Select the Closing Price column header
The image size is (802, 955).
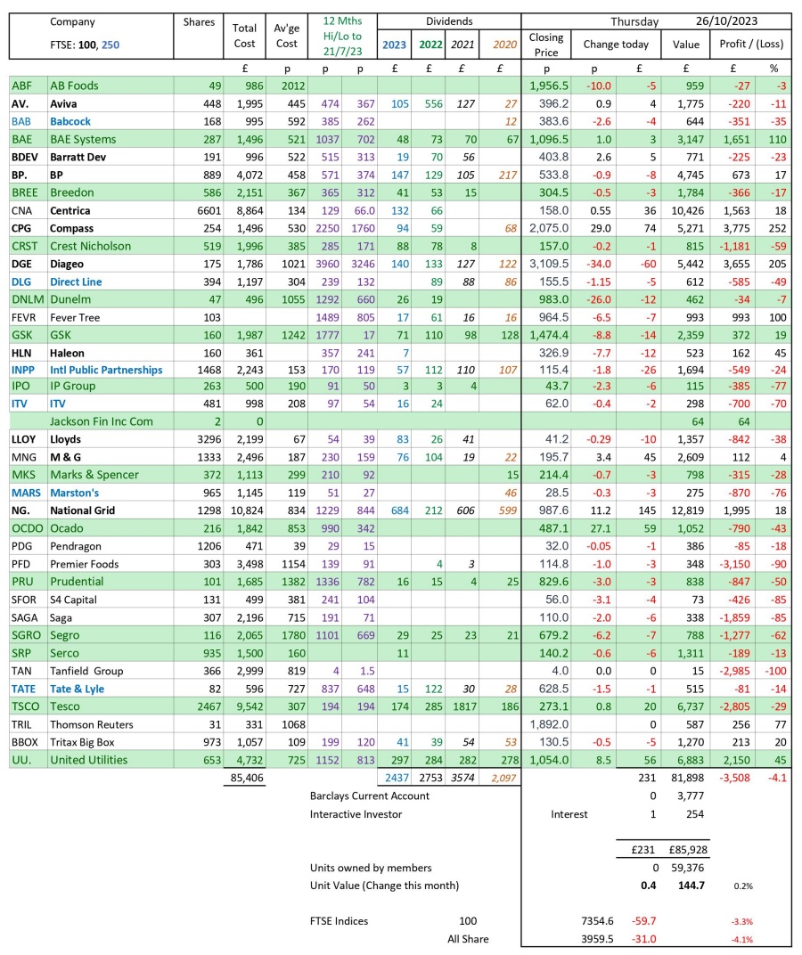(545, 44)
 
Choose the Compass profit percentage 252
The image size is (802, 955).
(773, 228)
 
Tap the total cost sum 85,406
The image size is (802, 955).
(242, 779)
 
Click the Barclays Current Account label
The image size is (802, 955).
(370, 796)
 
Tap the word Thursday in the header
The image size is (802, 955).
(634, 21)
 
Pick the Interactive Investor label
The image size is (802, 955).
(356, 813)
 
